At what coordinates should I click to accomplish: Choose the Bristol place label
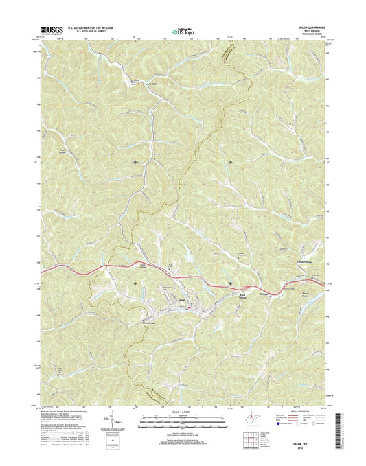264,292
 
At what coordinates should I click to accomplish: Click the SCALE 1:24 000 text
181,415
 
